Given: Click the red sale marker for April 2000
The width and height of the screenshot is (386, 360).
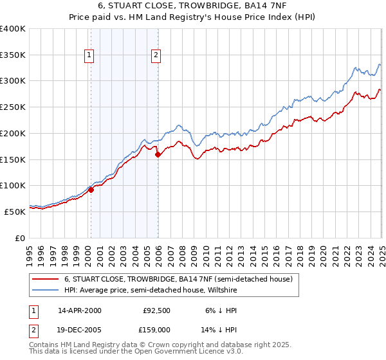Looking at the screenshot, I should point(91,190).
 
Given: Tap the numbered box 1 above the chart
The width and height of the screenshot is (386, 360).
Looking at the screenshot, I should point(89,56).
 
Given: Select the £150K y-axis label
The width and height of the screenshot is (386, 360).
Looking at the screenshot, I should point(13,159).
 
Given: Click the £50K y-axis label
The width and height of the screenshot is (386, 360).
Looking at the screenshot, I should point(15,212).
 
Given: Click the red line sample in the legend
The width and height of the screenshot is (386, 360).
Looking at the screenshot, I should point(45,279).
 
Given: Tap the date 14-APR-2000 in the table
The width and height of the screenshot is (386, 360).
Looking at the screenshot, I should point(80,310).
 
